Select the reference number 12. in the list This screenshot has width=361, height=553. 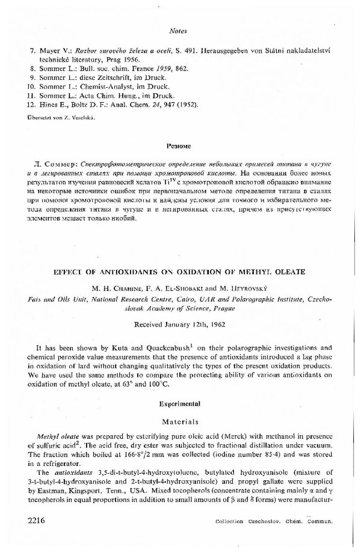click(x=34, y=105)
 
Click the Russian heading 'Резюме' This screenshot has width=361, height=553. click(x=180, y=146)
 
